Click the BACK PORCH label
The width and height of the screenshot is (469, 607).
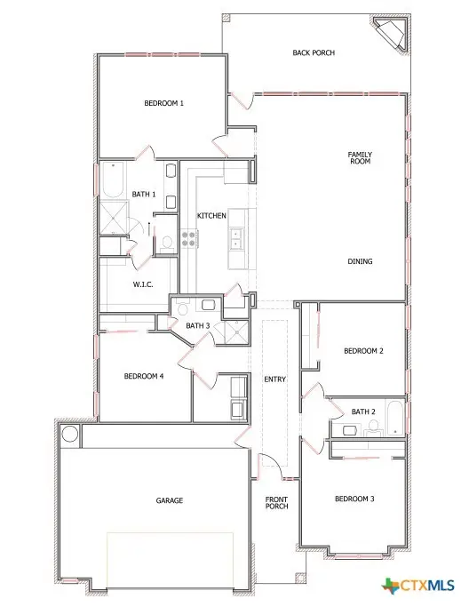[x=314, y=52]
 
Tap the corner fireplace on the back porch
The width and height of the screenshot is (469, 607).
[x=392, y=33]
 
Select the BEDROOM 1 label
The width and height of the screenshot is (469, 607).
[x=163, y=103]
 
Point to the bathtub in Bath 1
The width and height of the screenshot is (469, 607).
[x=113, y=180]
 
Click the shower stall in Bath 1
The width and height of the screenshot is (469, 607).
[x=114, y=217]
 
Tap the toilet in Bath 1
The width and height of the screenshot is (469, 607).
[x=167, y=244]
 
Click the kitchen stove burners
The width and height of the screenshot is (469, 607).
[x=189, y=238]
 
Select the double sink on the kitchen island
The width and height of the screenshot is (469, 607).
[x=236, y=238]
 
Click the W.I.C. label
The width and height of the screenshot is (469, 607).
[x=143, y=284]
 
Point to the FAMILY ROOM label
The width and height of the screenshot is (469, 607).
[x=360, y=157]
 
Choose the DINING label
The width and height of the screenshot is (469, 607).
[x=360, y=261]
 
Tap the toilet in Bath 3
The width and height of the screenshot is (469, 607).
[x=182, y=307]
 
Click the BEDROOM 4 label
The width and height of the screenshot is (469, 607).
[x=144, y=376]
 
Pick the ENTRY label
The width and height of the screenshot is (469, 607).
[x=274, y=379]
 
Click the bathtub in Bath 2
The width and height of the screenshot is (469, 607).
[x=395, y=418]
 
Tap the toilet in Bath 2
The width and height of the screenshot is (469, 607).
[x=373, y=427]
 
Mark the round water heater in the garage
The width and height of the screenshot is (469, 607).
[x=70, y=434]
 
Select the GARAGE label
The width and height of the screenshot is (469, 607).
[x=170, y=500]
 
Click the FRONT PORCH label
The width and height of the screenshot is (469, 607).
[x=276, y=503]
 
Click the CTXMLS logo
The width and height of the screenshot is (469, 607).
[x=417, y=585]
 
